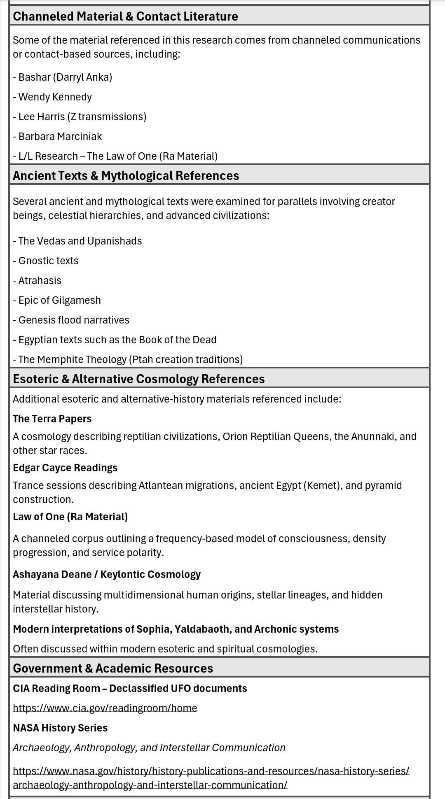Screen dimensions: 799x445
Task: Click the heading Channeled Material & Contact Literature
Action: (125, 16)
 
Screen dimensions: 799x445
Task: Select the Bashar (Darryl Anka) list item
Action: (63, 77)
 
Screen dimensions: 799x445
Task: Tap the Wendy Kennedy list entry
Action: (52, 97)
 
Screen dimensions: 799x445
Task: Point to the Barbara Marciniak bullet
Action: (57, 136)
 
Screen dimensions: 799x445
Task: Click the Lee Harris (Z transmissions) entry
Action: (80, 116)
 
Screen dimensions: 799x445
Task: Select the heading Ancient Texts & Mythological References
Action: (126, 175)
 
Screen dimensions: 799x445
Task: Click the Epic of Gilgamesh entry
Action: (57, 300)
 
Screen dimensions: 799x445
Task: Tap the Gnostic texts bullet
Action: (46, 261)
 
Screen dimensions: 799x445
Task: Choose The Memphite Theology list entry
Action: (128, 359)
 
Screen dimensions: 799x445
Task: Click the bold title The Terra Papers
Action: (52, 419)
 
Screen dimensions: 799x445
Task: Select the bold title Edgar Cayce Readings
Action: (65, 468)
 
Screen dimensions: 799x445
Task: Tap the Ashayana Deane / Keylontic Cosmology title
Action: (107, 574)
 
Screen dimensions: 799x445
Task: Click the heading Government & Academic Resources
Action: (113, 668)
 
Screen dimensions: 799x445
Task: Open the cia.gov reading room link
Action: (105, 708)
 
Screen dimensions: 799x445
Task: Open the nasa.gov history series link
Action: (211, 771)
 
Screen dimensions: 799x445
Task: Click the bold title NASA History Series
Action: (60, 728)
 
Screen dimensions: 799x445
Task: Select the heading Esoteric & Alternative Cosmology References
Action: (138, 379)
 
